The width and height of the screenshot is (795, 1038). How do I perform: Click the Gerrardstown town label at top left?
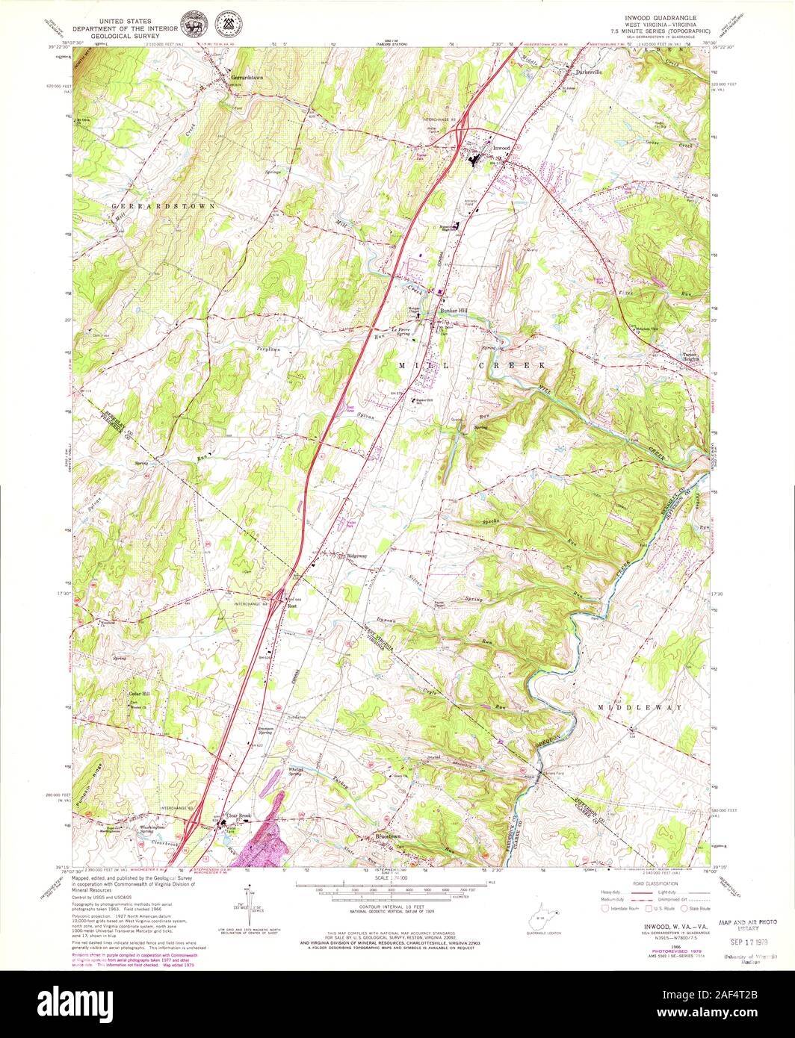pyautogui.click(x=247, y=77)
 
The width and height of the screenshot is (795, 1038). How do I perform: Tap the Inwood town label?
pyautogui.click(x=501, y=148)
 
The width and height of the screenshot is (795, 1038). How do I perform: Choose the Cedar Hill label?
pyautogui.click(x=139, y=694)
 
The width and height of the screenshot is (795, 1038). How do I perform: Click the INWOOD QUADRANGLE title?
pyautogui.click(x=656, y=16)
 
